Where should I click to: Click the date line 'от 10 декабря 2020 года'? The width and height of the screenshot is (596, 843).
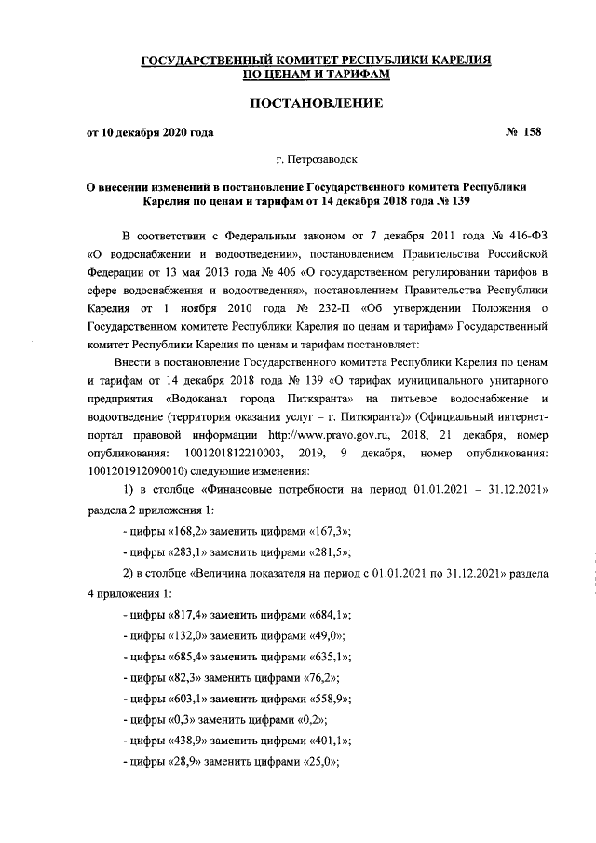(x=150, y=132)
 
